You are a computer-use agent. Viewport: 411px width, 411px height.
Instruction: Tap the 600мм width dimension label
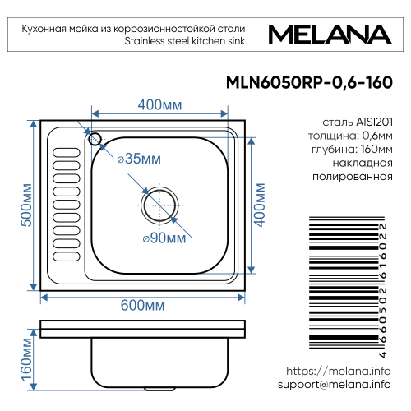[x=142, y=305]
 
